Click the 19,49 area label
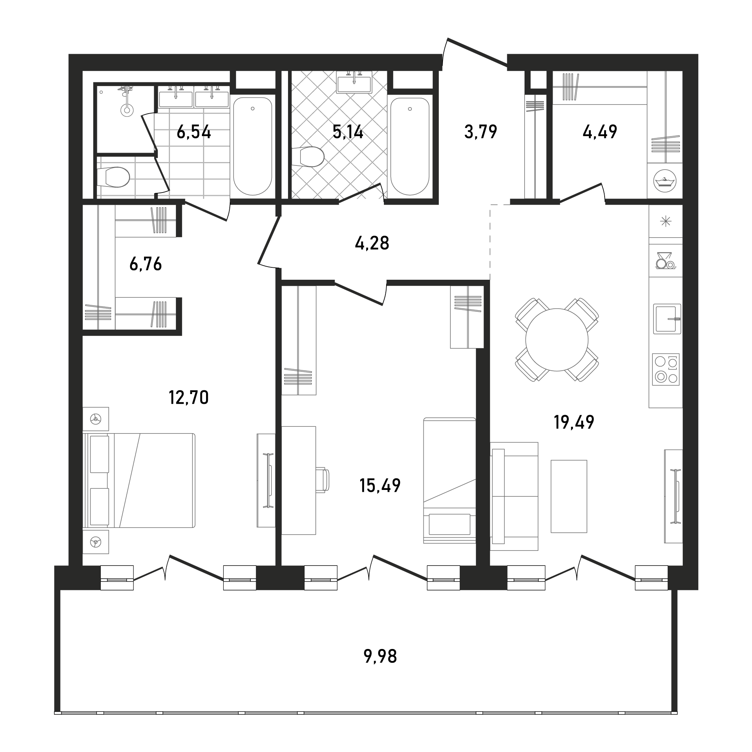(x=574, y=422)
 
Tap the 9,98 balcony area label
(x=380, y=656)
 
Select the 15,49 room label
(x=380, y=485)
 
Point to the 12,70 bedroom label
(x=189, y=397)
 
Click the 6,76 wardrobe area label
(x=146, y=264)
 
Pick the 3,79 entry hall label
(x=481, y=132)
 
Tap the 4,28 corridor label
(x=372, y=243)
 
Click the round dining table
(x=557, y=340)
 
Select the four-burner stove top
(x=666, y=369)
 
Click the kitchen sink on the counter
(x=667, y=319)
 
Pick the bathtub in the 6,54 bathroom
(x=253, y=146)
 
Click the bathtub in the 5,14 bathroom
(x=409, y=146)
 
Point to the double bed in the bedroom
(x=139, y=481)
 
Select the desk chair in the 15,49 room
(x=322, y=480)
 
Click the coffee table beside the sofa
(x=569, y=496)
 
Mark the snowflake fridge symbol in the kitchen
(x=666, y=221)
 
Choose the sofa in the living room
(x=514, y=496)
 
